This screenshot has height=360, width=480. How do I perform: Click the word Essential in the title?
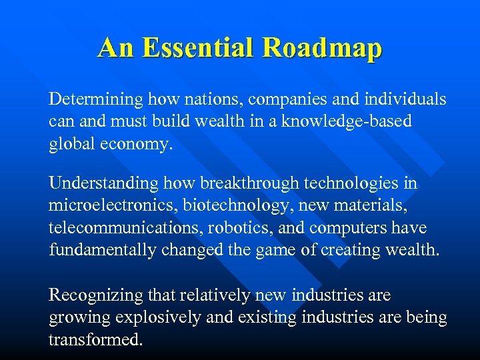click(x=199, y=48)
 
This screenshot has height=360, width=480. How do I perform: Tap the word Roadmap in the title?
click(x=322, y=48)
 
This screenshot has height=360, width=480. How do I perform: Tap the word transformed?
click(x=95, y=340)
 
